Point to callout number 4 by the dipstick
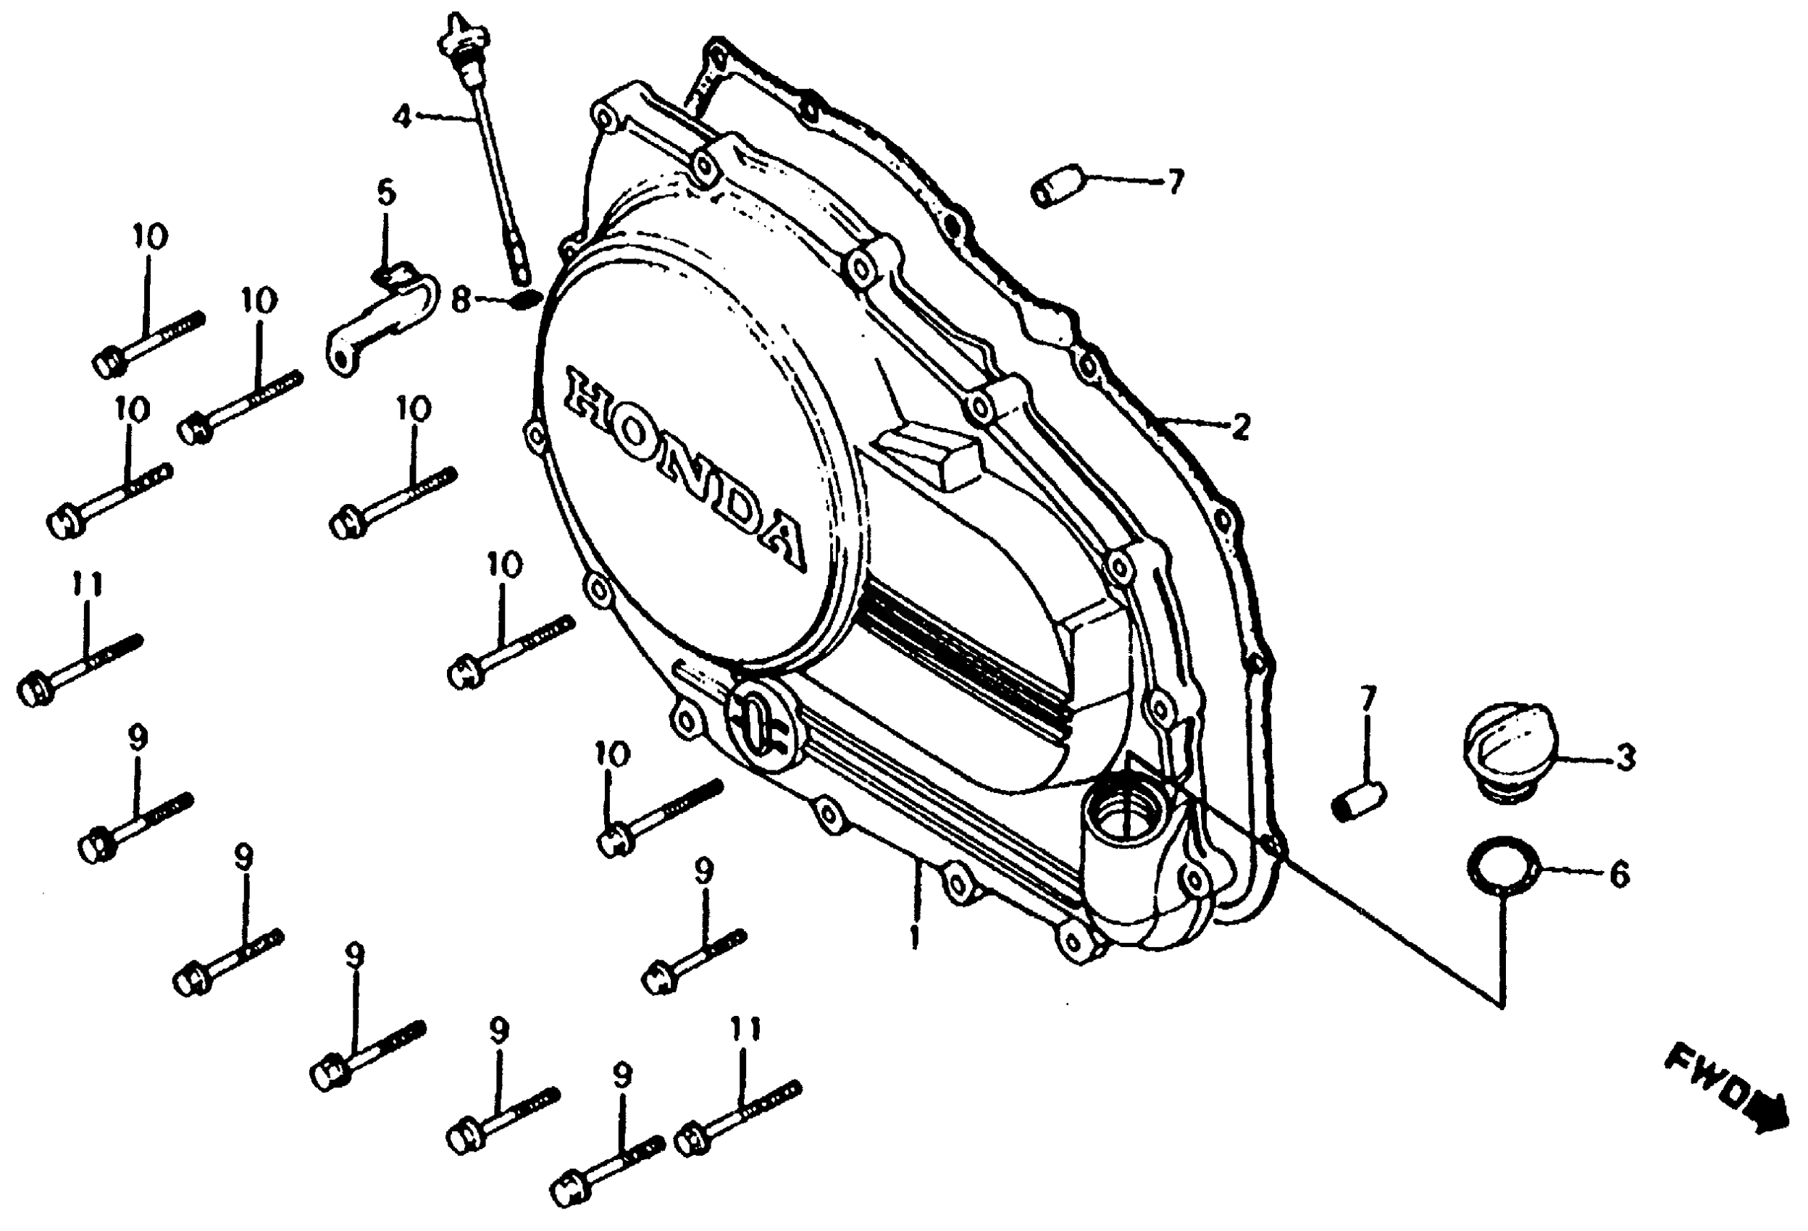click(402, 117)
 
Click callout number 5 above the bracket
click(387, 193)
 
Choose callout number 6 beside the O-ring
click(1619, 875)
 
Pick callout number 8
click(461, 299)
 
